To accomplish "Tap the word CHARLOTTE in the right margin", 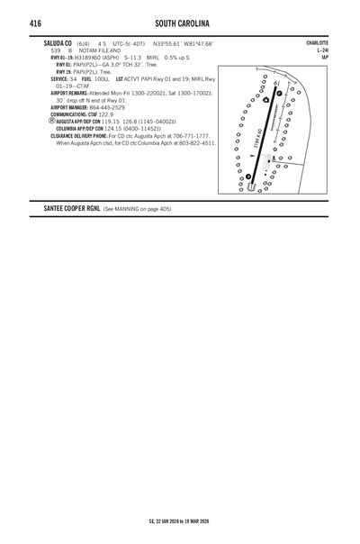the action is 317,42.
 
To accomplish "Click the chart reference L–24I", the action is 321,50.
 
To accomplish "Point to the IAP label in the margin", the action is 325,58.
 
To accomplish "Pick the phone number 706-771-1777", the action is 192,136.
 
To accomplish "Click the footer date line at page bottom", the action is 179,521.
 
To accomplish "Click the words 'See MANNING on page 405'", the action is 137,208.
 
